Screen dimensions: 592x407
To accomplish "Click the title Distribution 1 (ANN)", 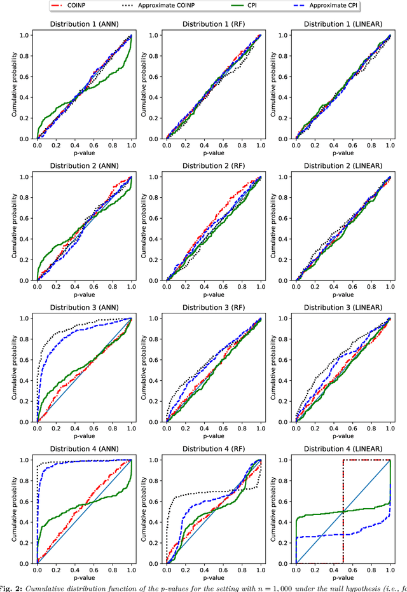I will [x=83, y=25].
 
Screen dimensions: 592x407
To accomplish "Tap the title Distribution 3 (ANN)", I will [x=83, y=309].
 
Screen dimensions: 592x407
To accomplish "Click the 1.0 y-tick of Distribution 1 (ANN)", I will [x=26, y=36].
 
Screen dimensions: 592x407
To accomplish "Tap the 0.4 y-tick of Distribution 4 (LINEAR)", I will [x=286, y=522].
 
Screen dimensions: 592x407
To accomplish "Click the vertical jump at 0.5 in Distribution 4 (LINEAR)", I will [x=343, y=509].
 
